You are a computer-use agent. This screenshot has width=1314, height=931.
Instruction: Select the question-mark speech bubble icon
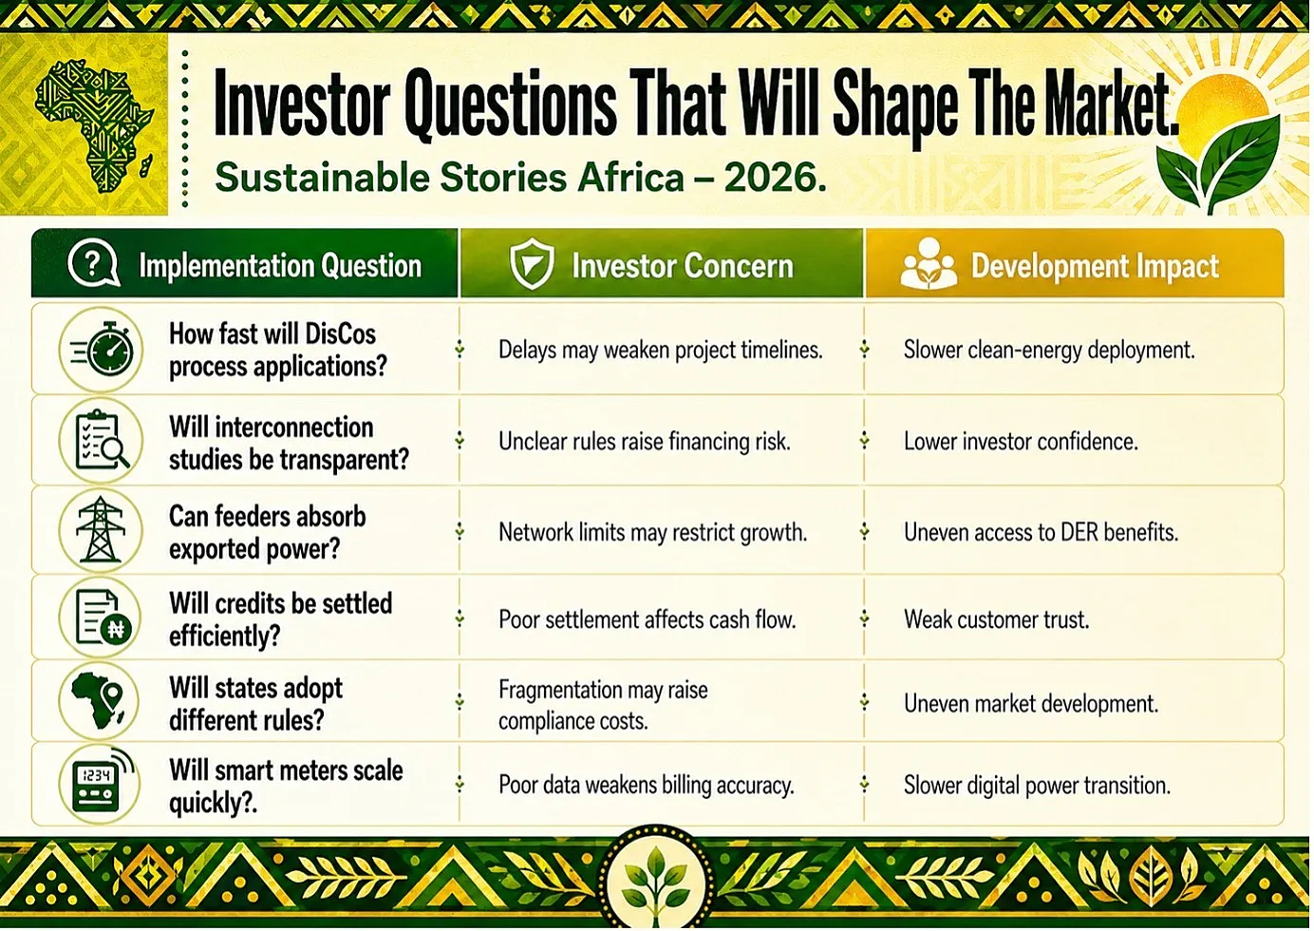pos(94,264)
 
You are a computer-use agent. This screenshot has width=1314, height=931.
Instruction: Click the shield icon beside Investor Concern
pos(532,263)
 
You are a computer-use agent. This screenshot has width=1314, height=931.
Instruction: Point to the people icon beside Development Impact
pos(929,264)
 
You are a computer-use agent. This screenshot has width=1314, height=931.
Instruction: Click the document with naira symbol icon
pos(103,617)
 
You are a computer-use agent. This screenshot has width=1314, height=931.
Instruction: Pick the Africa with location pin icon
pos(98,700)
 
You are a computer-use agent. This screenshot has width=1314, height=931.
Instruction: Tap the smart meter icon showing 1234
pos(101,783)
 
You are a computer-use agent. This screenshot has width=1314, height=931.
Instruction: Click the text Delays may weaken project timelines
pos(661,350)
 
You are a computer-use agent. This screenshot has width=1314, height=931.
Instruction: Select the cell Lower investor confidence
pos(1021,442)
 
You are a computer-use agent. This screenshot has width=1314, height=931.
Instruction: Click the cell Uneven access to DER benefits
pos(1041,532)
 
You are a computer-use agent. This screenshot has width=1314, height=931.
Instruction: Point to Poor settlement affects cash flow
pos(647,619)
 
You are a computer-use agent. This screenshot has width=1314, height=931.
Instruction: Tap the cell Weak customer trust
pos(996,619)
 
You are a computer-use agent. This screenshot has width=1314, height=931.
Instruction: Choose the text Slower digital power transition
pos(1037,786)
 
